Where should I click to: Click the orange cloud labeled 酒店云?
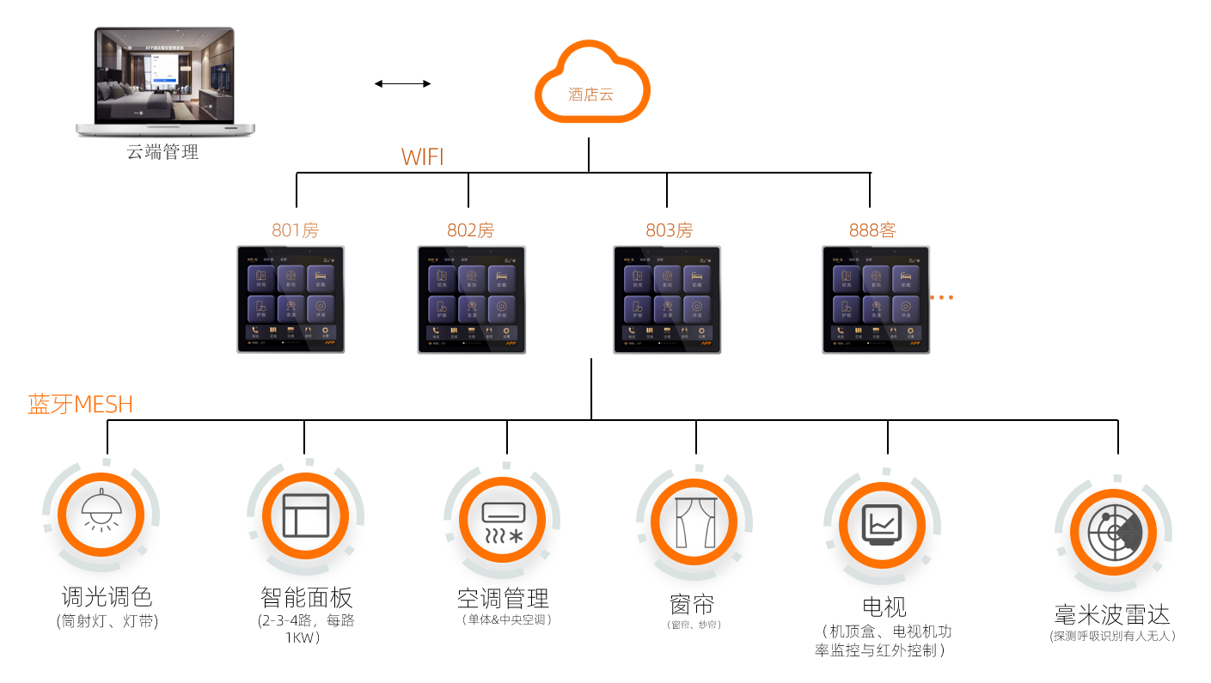[591, 83]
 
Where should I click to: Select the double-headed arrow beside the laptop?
[402, 83]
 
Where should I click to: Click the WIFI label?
[422, 157]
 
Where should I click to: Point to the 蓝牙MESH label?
[81, 405]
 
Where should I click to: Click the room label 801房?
[296, 230]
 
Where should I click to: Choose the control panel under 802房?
[471, 299]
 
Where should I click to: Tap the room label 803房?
[669, 230]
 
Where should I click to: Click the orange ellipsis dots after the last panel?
[942, 298]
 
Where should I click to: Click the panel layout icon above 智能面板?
[306, 515]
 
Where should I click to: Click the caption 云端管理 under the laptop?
[162, 153]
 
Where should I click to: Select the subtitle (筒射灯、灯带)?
[107, 621]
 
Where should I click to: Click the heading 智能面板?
[306, 597]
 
